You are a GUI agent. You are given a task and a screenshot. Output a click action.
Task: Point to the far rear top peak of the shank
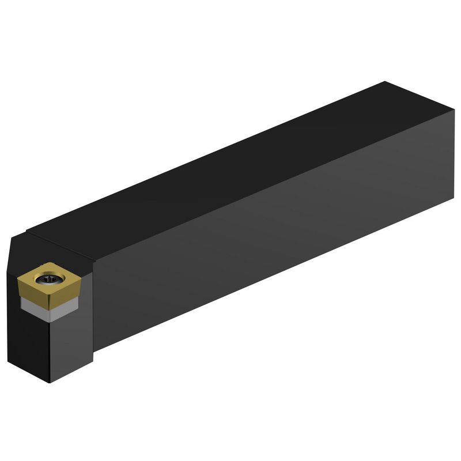[x=385, y=82]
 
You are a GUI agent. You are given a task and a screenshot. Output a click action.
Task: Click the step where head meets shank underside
[x=94, y=350]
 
